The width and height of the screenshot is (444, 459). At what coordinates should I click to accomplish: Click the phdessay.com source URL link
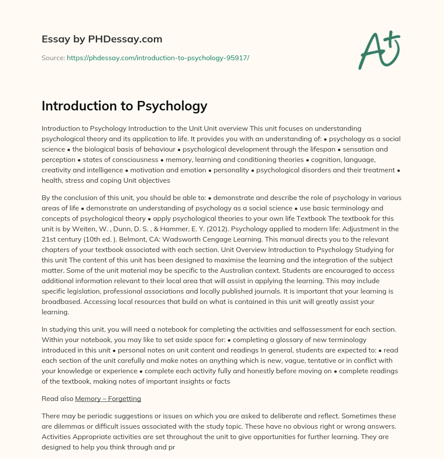158,58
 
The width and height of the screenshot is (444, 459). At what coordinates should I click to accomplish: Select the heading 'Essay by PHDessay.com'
102,39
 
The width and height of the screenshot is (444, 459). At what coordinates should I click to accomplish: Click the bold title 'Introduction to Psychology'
124,106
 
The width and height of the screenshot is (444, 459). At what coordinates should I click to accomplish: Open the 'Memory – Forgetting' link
108,398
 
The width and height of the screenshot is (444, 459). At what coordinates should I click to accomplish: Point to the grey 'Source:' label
53,58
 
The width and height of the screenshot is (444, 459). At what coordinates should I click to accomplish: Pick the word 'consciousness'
126,159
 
